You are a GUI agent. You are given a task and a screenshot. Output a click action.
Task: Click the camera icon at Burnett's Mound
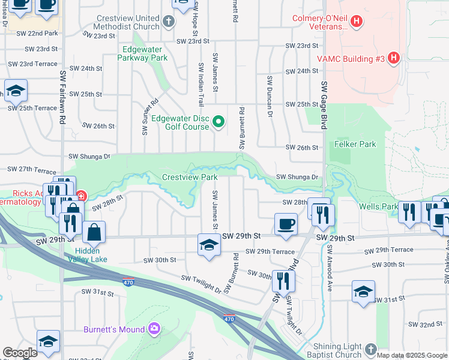point(154,329)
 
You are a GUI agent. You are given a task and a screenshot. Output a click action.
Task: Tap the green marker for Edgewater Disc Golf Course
point(218,122)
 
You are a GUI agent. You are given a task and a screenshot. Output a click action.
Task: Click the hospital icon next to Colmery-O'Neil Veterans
point(357,22)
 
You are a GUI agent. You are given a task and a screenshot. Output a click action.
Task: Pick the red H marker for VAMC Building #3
point(393,58)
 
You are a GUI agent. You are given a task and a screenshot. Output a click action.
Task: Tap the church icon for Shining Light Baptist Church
point(370,349)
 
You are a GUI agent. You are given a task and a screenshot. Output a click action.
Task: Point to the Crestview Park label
point(190,177)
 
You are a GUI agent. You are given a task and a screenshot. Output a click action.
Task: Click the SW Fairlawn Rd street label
point(62,96)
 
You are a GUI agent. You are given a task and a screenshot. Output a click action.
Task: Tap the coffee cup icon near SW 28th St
point(286,224)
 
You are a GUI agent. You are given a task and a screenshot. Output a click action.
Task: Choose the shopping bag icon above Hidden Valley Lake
point(94,232)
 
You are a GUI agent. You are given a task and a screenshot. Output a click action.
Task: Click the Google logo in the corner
point(20,353)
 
